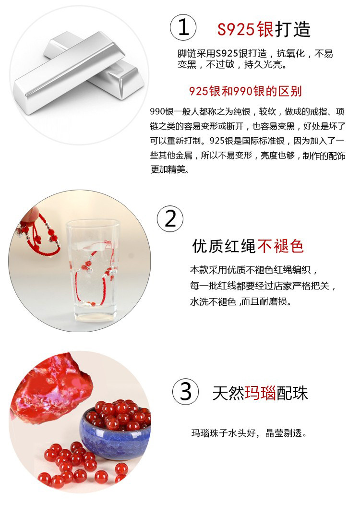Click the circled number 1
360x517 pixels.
pyautogui.click(x=183, y=27)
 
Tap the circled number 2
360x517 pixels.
pyautogui.click(x=170, y=218)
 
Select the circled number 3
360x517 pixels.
pyautogui.click(x=186, y=392)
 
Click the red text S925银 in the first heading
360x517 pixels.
pyautogui.click(x=245, y=29)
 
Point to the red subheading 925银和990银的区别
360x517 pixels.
pyautogui.click(x=245, y=91)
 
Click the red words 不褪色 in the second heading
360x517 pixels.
pyautogui.click(x=280, y=246)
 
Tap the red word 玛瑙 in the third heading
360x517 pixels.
pyautogui.click(x=260, y=393)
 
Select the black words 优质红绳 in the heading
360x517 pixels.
pyautogui.click(x=224, y=246)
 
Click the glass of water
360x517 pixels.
pyautogui.click(x=94, y=270)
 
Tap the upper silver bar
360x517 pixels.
pyautogui.click(x=69, y=72)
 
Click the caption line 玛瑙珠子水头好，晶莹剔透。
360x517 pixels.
pyautogui.click(x=250, y=433)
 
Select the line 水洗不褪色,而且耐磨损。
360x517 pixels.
pyautogui.click(x=241, y=301)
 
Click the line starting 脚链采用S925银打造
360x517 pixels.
pyautogui.click(x=255, y=53)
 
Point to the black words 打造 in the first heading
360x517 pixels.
pyautogui.click(x=293, y=29)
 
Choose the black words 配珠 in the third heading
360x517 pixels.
pyautogui.click(x=292, y=393)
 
